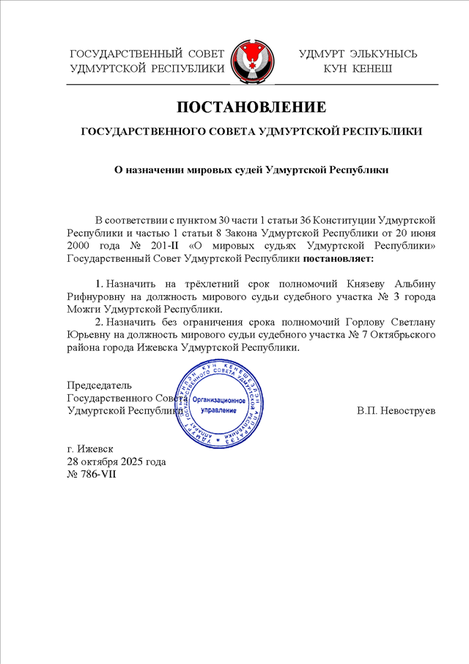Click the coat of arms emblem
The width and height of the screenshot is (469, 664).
click(x=253, y=62)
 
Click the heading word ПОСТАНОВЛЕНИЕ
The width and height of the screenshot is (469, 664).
click(x=251, y=107)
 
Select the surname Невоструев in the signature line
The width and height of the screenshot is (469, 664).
click(x=406, y=411)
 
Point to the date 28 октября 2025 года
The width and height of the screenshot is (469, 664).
click(x=116, y=461)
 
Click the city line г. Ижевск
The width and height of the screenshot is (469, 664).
click(x=90, y=449)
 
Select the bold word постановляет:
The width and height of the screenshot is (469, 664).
click(x=339, y=258)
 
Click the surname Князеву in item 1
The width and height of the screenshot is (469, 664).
click(x=377, y=283)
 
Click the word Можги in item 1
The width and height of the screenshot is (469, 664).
click(x=81, y=310)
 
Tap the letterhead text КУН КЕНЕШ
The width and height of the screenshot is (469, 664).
click(x=358, y=69)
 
